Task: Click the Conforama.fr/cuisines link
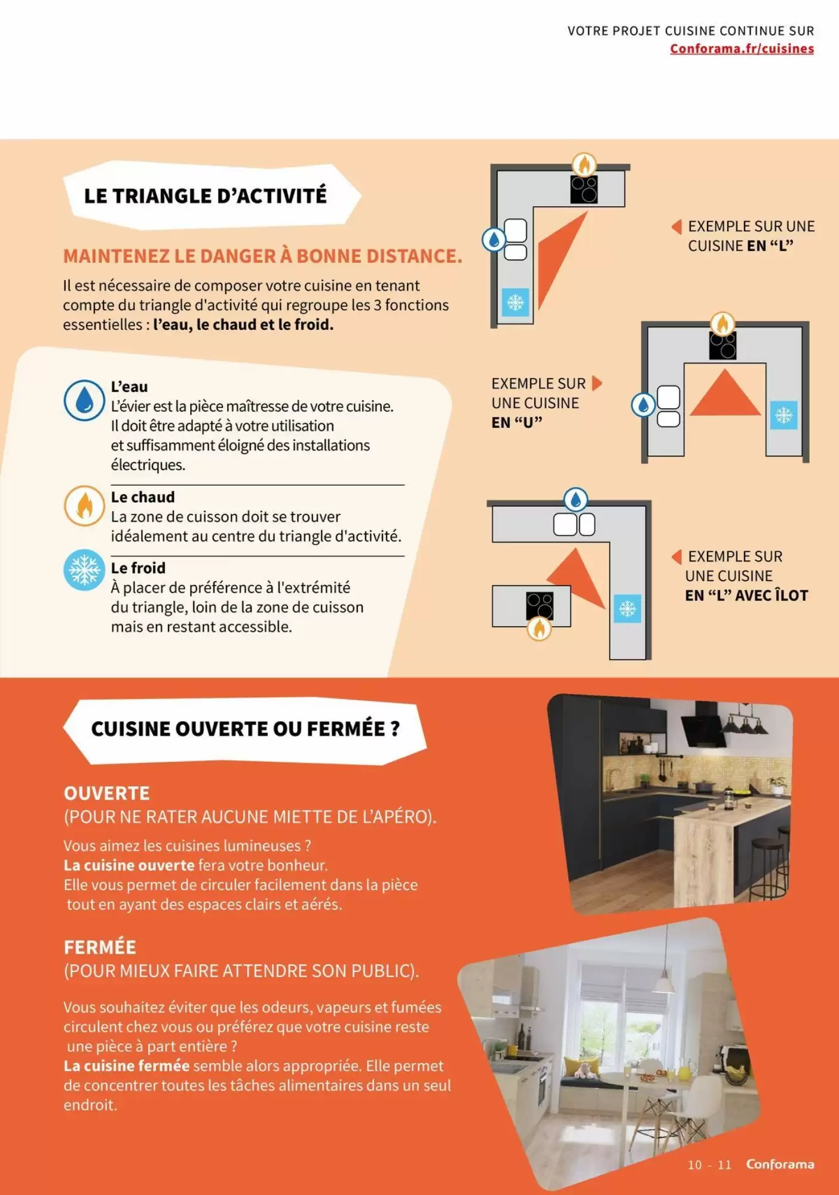pos(742,48)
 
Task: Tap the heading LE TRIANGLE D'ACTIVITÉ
pos(206,195)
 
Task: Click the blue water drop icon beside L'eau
pos(84,400)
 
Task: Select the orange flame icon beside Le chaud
pos(84,505)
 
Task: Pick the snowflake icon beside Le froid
pos(84,569)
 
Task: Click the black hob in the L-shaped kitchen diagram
pos(584,189)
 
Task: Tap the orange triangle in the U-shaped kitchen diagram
pos(725,393)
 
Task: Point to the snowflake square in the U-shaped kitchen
pos(783,415)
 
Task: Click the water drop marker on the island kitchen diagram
pos(576,500)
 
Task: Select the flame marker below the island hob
pos(539,629)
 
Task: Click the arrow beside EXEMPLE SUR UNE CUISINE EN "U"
pos(596,382)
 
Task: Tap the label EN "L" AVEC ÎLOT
pos(746,595)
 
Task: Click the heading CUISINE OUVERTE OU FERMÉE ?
pos(245,729)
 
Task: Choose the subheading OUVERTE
pos(107,793)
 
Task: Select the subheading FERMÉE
pos(100,947)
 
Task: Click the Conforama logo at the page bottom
pos(780,1164)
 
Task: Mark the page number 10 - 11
pos(709,1165)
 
